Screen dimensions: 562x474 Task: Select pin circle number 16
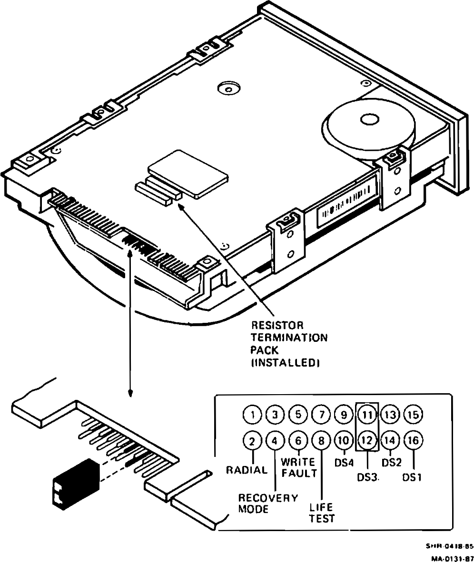(413, 440)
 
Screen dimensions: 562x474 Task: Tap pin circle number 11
(367, 415)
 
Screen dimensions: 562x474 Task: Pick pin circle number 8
(322, 440)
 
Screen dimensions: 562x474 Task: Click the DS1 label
(412, 477)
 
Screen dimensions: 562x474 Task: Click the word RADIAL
(247, 470)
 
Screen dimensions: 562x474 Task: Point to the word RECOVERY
(268, 498)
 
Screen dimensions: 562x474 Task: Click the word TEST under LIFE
(322, 518)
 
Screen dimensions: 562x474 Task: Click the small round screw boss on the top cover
(227, 88)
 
